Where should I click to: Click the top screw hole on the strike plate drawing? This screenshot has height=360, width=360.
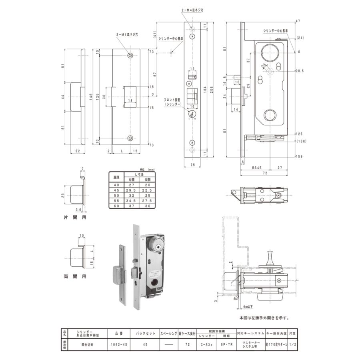[130, 55]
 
